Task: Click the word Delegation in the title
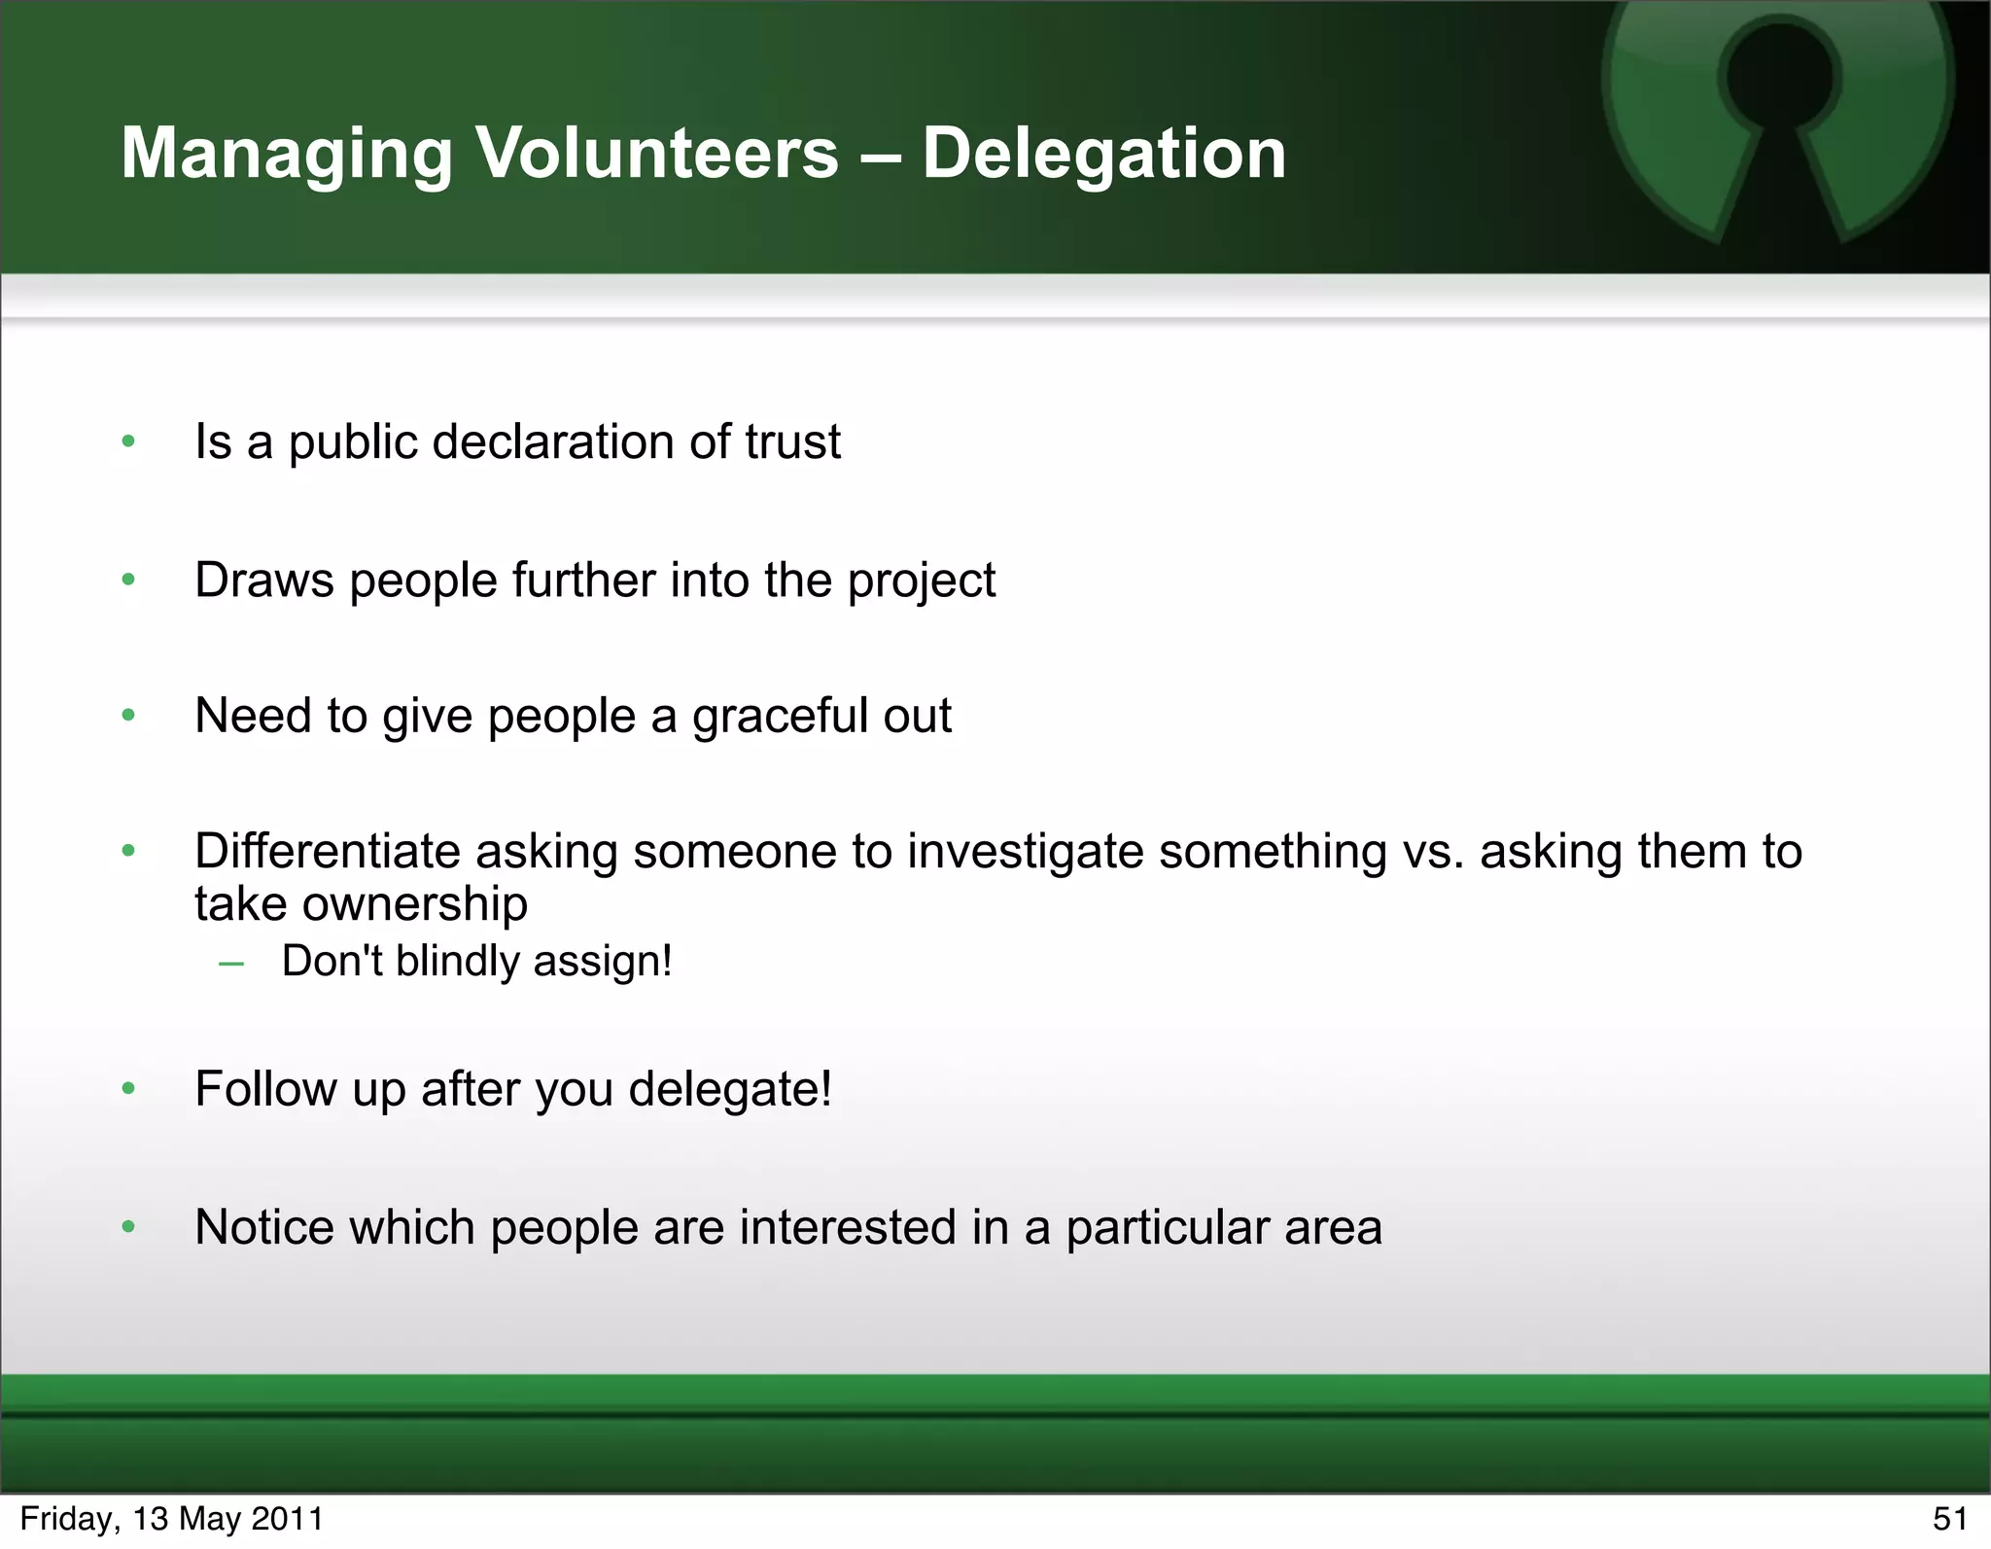point(1103,154)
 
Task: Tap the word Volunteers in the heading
point(656,154)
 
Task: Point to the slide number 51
point(1950,1519)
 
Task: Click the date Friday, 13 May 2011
point(171,1519)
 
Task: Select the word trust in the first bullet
point(792,442)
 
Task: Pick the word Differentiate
point(327,852)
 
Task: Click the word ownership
point(415,905)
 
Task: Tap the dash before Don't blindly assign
point(231,963)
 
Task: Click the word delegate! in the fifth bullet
point(730,1089)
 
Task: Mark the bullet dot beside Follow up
point(128,1089)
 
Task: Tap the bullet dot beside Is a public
point(128,442)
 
